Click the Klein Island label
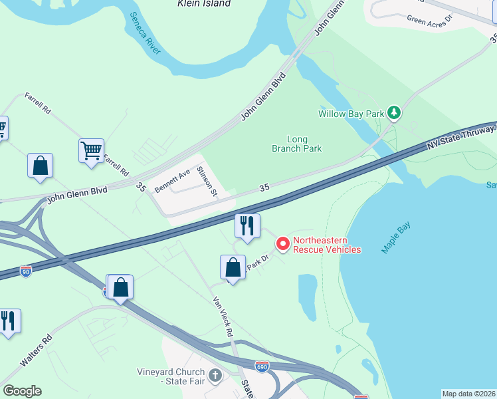coord(204,3)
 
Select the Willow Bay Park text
coord(351,114)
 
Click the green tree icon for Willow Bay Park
coord(394,112)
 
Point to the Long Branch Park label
coord(297,144)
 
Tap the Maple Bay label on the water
coord(397,237)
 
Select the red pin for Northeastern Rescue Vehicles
coord(282,244)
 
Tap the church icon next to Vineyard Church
coord(215,376)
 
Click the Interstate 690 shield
coord(263,366)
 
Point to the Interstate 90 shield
coord(25,271)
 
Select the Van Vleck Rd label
coord(223,317)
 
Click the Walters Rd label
coord(36,351)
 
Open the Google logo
coord(22,391)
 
